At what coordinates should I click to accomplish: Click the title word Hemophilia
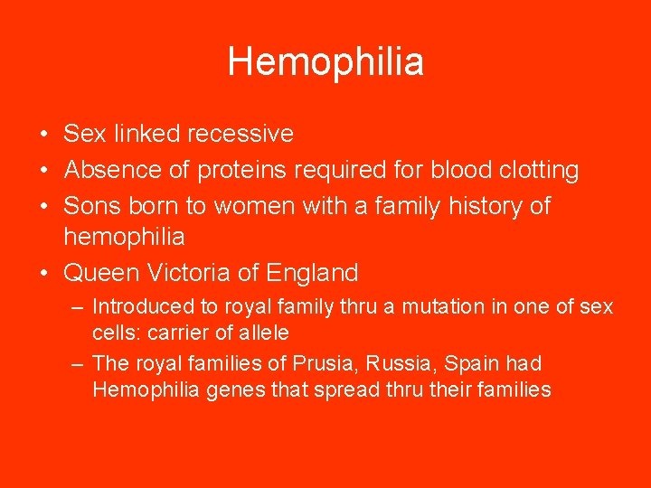325,62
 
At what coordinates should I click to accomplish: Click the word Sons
89,206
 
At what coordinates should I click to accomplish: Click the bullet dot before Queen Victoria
44,273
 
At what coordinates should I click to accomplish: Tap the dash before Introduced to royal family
78,307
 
